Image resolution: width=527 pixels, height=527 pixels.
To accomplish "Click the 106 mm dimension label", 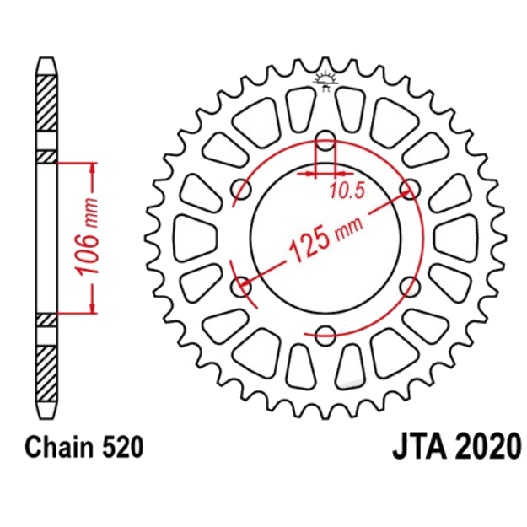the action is coord(88,237).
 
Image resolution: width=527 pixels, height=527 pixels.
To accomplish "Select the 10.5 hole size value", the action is coord(347,191).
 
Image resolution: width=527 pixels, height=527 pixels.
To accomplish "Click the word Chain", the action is coord(59,448).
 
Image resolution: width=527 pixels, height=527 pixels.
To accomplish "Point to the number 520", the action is coord(123,448).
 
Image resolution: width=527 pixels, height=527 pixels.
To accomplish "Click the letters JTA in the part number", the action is coord(420,448).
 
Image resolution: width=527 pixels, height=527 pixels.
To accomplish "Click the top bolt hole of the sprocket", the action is coord(325,140).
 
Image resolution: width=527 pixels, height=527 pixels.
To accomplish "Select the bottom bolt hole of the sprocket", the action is coord(325,335).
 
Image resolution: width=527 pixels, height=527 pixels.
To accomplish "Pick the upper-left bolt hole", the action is coord(241,189).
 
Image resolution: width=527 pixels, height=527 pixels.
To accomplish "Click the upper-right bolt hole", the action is coord(411,189).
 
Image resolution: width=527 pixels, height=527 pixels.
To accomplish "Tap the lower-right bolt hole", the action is coord(411,287).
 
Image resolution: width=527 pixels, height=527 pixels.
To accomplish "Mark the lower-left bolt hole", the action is coord(241,287).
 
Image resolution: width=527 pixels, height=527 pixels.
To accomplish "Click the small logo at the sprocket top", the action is coord(325,81).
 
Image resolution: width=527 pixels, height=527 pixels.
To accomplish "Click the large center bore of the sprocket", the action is coord(325,238).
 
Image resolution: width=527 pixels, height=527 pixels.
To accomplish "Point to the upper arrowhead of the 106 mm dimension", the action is coord(94,169).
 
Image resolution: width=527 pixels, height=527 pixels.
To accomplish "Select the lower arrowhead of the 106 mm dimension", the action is coord(94,308).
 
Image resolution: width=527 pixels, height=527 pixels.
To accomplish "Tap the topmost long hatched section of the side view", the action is coord(46,103).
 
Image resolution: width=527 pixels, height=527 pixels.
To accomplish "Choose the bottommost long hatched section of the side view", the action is coord(46,374).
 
